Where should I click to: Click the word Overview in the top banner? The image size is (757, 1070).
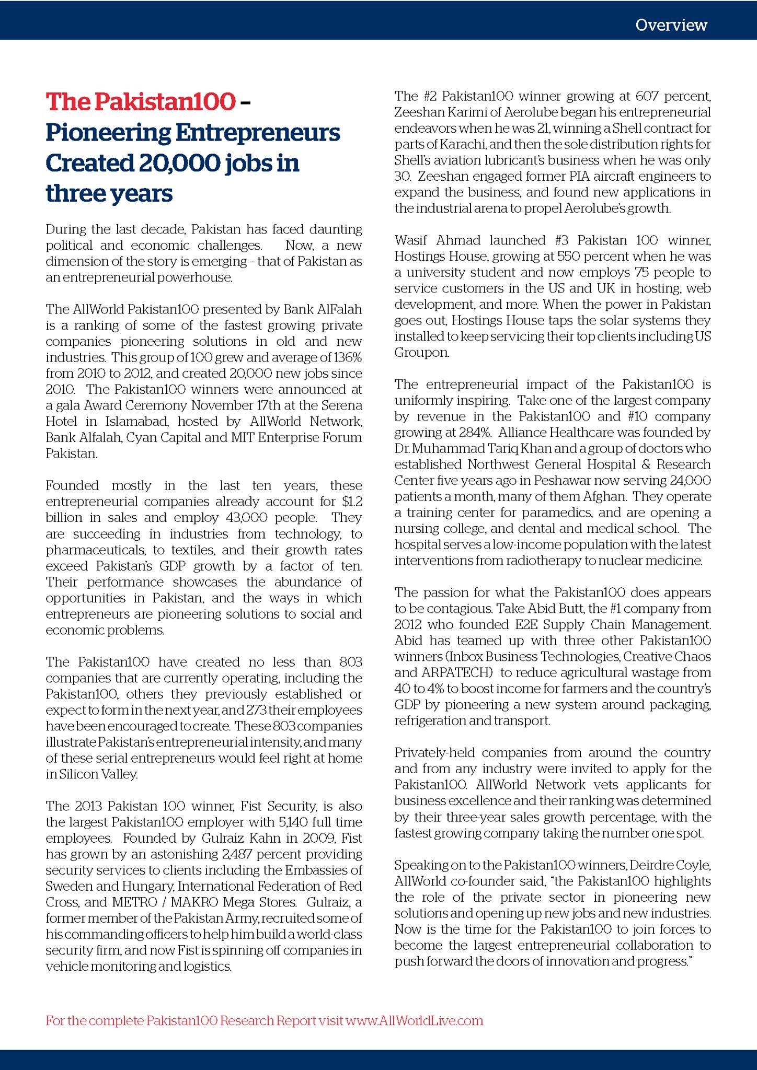pos(671,25)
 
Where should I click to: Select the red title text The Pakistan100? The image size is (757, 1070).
pos(140,102)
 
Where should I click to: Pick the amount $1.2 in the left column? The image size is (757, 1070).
pos(352,502)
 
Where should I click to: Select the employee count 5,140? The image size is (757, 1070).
pos(278,822)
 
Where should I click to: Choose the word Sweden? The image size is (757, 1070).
pos(65,887)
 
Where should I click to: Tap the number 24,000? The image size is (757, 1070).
pos(690,481)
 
